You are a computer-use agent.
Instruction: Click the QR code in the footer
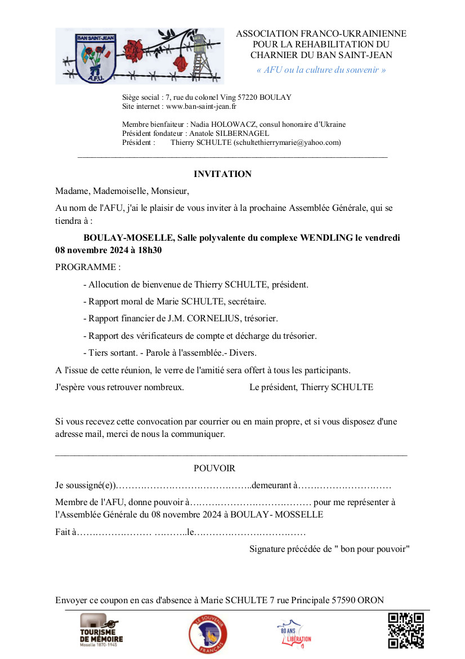point(406,630)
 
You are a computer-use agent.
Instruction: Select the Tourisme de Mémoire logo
point(101,631)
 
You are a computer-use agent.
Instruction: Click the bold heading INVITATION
point(222,174)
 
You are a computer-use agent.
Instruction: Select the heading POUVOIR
point(214,468)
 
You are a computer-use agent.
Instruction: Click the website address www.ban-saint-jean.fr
point(202,106)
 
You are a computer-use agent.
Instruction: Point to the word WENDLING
point(327,238)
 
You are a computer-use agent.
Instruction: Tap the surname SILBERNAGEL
point(242,134)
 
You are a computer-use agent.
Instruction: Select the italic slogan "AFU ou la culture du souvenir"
point(321,70)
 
